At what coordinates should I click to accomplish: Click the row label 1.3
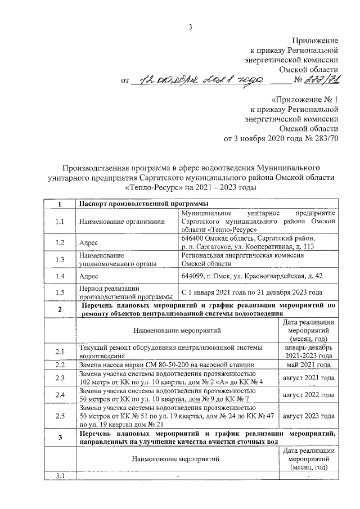[x=60, y=259]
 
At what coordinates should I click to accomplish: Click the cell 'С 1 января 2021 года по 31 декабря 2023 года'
[x=251, y=293]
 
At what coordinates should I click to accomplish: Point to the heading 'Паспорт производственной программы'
[x=144, y=203]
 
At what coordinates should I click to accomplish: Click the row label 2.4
[x=60, y=395]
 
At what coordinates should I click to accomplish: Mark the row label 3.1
[x=60, y=477]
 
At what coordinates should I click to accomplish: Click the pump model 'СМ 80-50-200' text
[x=158, y=364]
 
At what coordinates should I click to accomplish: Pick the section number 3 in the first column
[x=60, y=436]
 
